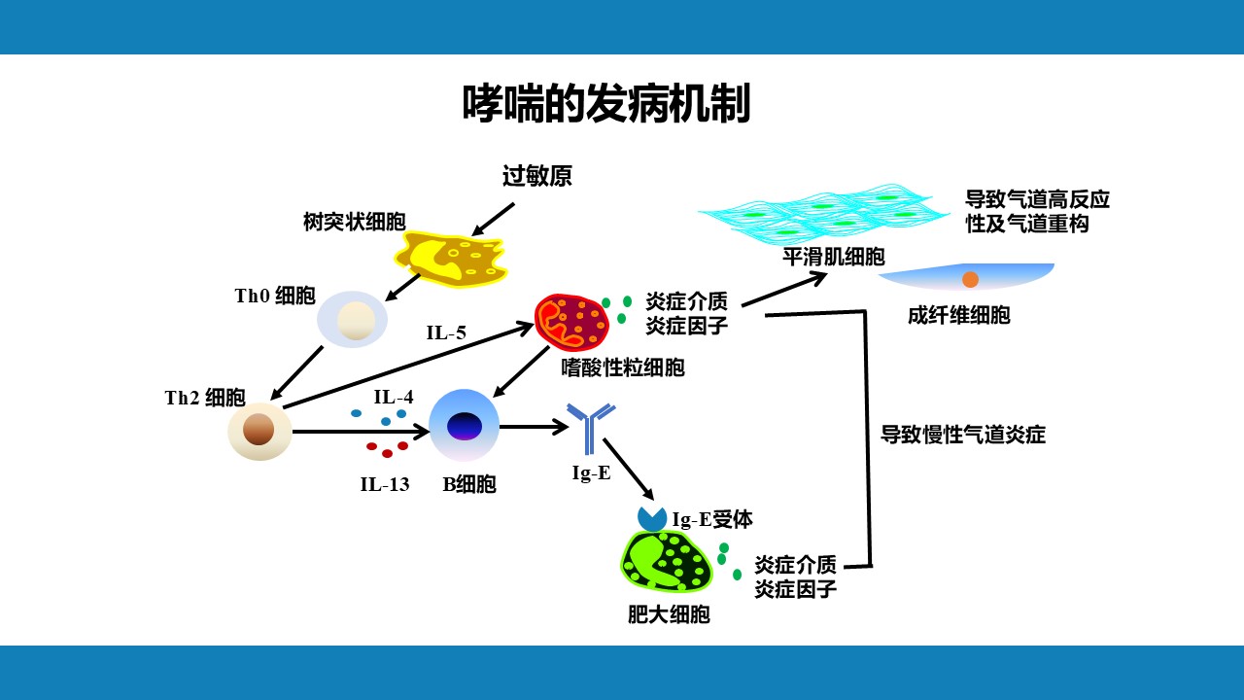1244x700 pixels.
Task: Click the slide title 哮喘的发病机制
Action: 606,103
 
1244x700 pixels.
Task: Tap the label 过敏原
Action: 536,176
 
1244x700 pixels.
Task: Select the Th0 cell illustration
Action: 353,319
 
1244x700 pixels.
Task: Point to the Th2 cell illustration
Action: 259,431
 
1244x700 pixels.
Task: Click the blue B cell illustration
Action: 464,425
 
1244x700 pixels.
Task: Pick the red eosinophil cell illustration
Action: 571,323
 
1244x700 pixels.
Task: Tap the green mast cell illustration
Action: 667,562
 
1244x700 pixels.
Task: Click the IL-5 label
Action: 446,333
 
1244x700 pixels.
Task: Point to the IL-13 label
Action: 385,484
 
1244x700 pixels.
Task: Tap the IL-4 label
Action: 394,397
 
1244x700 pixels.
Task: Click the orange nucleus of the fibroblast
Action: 970,279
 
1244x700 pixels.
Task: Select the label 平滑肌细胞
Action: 834,257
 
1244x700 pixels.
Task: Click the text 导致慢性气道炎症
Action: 962,435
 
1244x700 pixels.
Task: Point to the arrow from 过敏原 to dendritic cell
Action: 493,219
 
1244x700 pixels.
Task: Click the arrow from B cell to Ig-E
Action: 534,426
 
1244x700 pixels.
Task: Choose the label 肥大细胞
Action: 669,614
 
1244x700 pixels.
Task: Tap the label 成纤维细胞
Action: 958,315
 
